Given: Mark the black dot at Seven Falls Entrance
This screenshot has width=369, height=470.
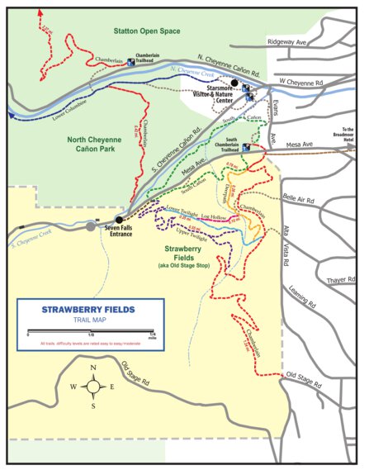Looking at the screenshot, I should [x=119, y=220].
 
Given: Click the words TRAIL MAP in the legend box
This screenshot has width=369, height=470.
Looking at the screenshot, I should [x=88, y=321].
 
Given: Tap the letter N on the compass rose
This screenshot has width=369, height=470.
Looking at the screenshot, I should [x=94, y=368].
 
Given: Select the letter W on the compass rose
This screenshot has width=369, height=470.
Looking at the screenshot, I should [x=75, y=387].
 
